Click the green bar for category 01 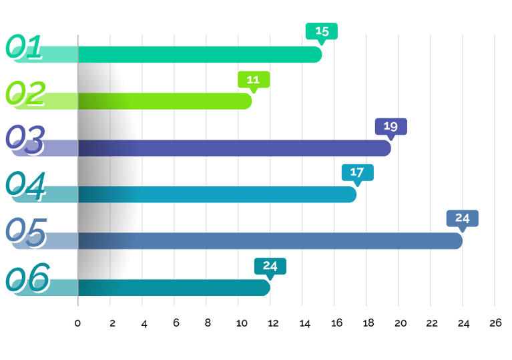[200, 55]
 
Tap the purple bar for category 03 [234, 148]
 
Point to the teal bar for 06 [174, 287]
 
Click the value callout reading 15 [322, 31]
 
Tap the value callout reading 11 [254, 79]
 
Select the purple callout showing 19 [391, 126]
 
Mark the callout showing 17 [357, 172]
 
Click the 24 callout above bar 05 [463, 218]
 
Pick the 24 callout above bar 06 [270, 265]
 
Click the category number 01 [25, 47]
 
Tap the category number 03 [25, 139]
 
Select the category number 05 [25, 232]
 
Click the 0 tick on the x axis [78, 323]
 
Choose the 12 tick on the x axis [272, 323]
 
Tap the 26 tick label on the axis [495, 323]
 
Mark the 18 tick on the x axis [368, 323]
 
